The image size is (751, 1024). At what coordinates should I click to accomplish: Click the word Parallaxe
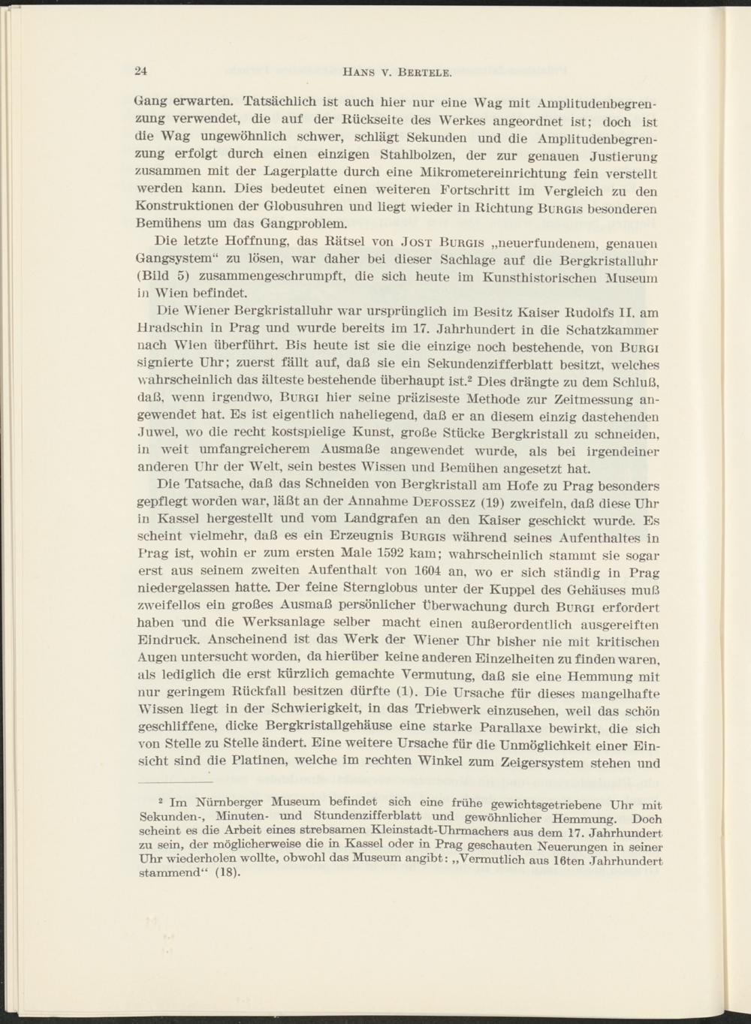click(x=538, y=727)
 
